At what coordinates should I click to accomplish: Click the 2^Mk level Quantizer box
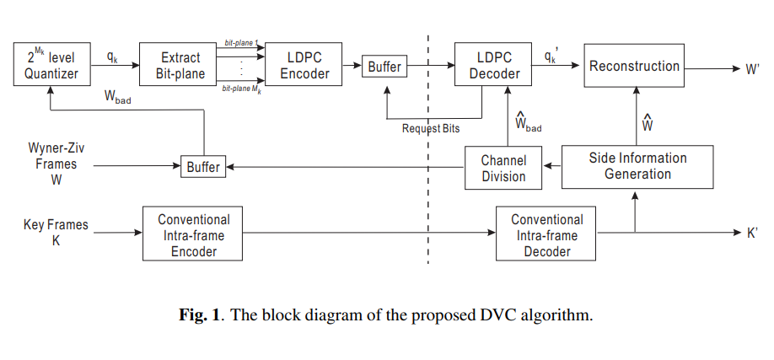point(51,64)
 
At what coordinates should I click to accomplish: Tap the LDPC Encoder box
point(304,64)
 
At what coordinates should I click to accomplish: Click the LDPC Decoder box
point(493,64)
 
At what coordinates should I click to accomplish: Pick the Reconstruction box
point(634,65)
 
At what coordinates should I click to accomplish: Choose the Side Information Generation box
point(637,167)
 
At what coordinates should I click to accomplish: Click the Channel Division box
point(503,168)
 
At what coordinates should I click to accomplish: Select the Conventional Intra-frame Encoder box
point(192,234)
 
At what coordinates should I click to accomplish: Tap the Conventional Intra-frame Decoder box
point(546,234)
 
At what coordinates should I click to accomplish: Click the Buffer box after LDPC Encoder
point(384,66)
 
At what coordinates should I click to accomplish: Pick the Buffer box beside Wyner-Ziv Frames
point(203,166)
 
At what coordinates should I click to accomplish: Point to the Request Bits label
point(431,129)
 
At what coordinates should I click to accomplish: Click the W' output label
point(752,69)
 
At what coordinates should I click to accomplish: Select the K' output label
point(752,233)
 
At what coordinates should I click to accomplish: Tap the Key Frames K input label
point(56,233)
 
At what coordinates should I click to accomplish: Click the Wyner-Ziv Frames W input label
point(56,164)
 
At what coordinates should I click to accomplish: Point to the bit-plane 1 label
point(241,44)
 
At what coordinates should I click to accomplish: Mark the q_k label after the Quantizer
point(112,56)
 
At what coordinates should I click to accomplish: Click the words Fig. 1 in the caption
point(199,314)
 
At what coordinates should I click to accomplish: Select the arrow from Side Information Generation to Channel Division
point(552,166)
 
